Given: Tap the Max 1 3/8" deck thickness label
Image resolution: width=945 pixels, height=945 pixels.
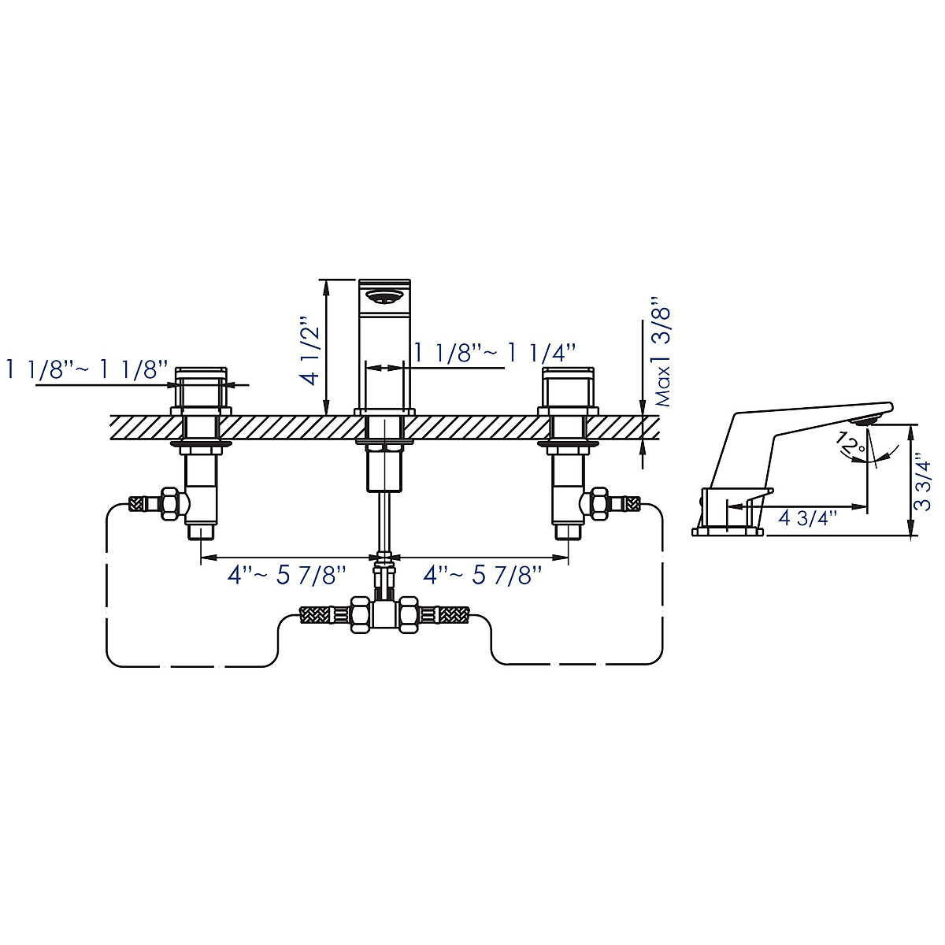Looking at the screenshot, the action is (661, 351).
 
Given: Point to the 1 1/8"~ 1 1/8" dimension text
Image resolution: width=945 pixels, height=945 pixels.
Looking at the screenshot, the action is (87, 369).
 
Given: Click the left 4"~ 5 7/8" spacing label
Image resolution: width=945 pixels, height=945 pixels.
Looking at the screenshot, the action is (287, 575).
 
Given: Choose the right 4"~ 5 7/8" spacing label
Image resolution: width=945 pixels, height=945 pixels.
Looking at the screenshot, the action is (483, 575).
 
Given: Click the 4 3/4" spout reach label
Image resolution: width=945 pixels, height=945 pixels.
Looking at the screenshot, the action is (806, 518).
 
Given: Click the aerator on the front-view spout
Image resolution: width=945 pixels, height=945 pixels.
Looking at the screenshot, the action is (385, 296).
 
